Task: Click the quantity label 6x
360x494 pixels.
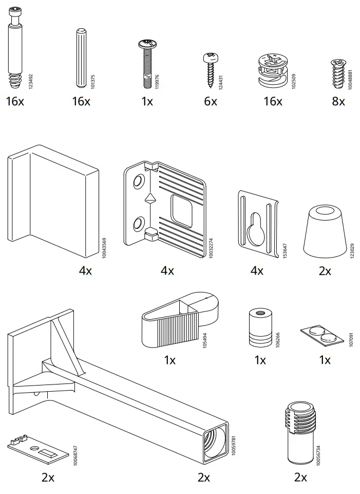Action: tap(211, 101)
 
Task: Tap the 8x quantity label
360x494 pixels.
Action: tap(338, 101)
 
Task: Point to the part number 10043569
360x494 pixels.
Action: tap(104, 247)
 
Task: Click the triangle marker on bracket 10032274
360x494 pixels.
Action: tap(150, 198)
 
